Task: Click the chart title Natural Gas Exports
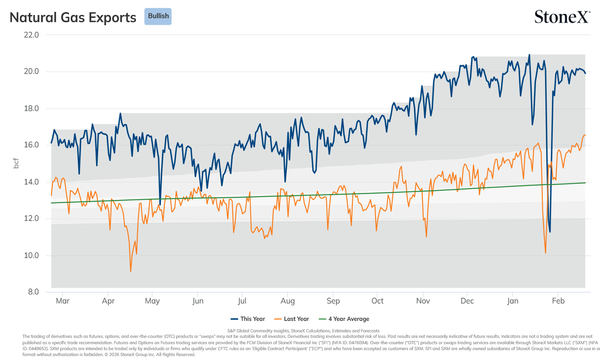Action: coord(73,17)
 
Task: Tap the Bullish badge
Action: coord(158,16)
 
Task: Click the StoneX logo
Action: coord(562,17)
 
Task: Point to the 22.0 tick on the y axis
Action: coord(31,35)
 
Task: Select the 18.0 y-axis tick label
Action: coord(31,109)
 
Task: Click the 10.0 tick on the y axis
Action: coord(31,255)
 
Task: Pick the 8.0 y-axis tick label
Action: coord(33,292)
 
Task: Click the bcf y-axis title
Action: coord(16,163)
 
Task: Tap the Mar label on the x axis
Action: coord(63,301)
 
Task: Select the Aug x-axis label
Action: coord(287,301)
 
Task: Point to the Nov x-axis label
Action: coord(423,301)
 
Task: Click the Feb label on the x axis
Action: coord(558,301)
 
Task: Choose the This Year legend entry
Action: coord(248,319)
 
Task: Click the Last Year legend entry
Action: coord(292,319)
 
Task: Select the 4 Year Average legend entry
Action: coord(344,319)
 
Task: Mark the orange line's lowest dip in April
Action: coord(131,271)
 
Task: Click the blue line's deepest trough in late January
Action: coord(550,232)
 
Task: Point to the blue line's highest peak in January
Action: coord(529,55)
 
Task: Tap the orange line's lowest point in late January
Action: coord(545,253)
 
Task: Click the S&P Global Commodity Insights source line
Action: coord(303,331)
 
